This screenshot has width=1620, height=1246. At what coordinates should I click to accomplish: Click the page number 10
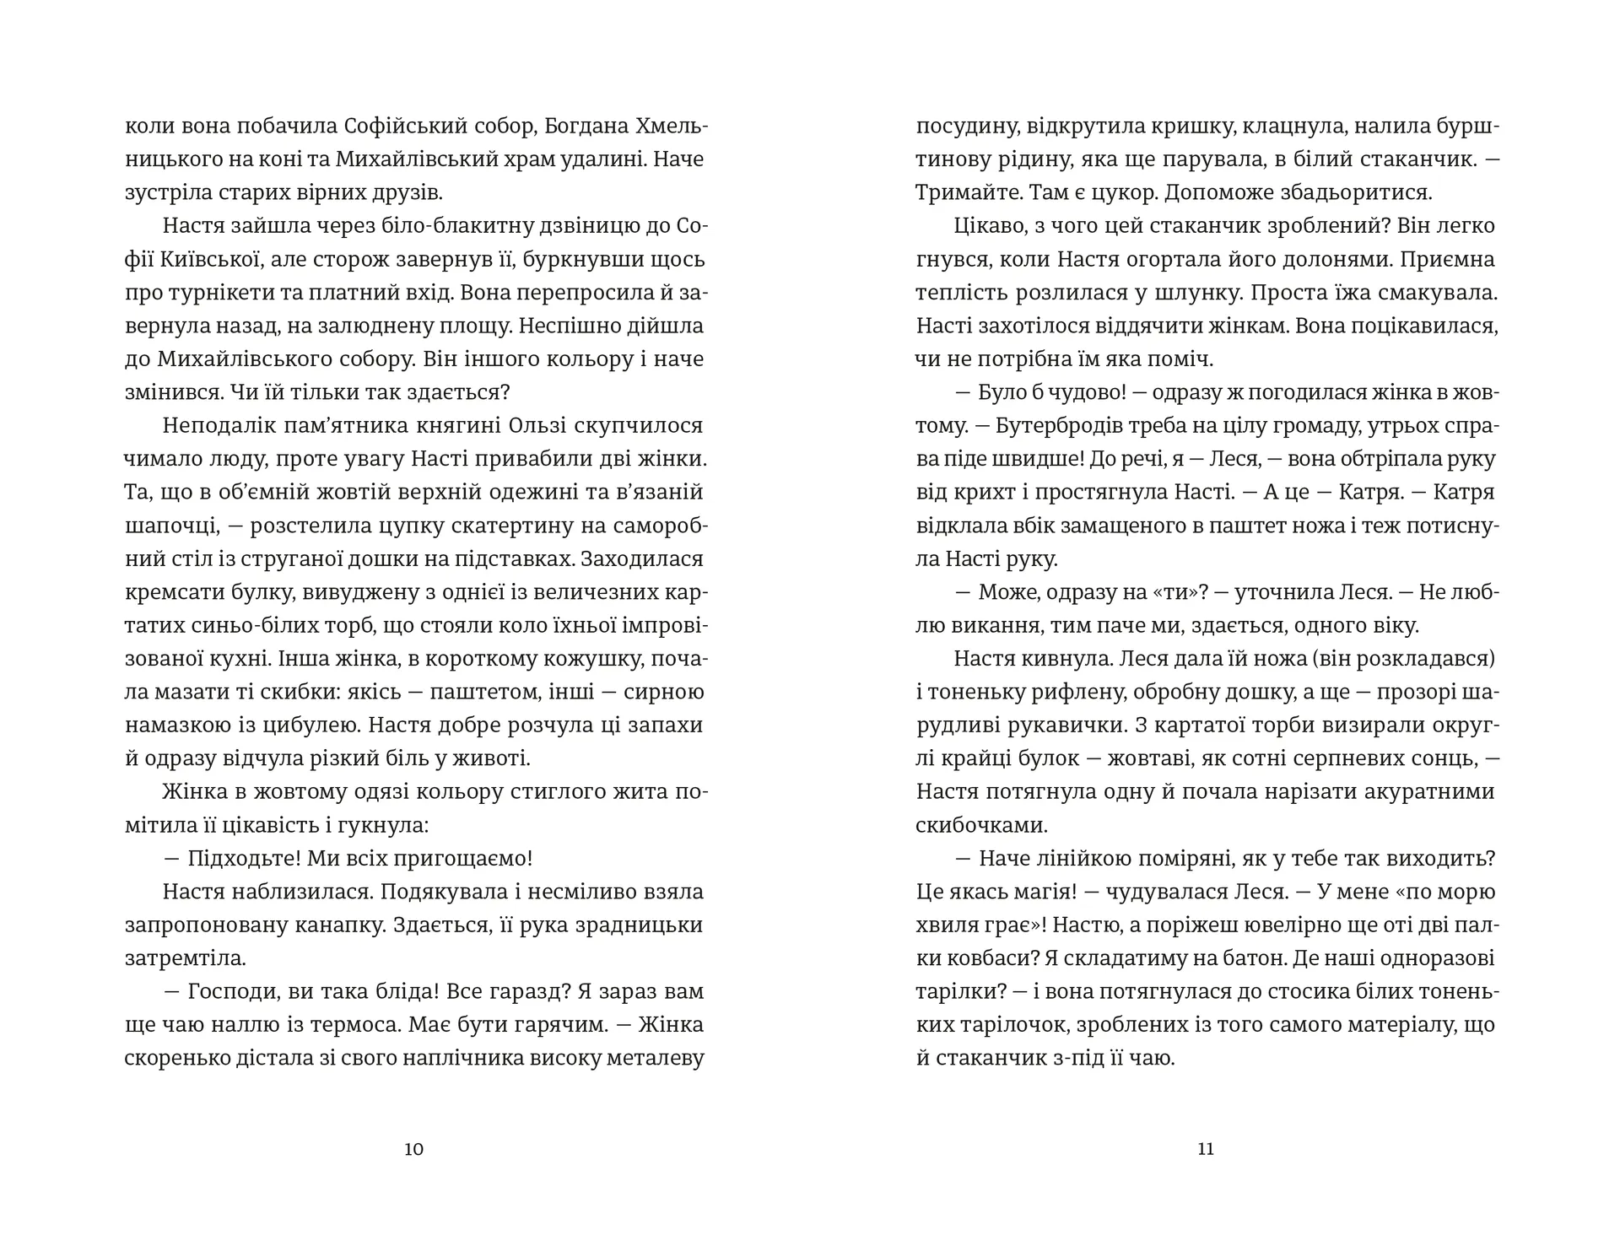[x=413, y=1149]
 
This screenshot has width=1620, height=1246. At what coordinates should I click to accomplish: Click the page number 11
[x=1206, y=1149]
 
